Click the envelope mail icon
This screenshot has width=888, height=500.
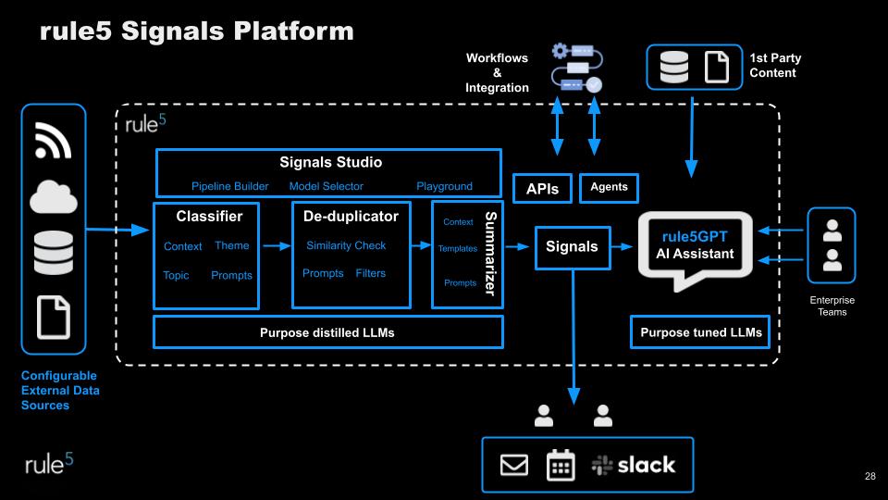(x=514, y=465)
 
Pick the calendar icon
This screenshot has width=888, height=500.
(x=561, y=465)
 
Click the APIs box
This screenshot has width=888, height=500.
(x=542, y=188)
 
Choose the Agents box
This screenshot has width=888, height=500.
(x=609, y=187)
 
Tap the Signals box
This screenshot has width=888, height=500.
(x=572, y=247)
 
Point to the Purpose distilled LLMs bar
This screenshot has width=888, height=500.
(x=327, y=332)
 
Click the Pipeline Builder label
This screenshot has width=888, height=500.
(x=230, y=186)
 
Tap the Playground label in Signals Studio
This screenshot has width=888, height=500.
(x=444, y=186)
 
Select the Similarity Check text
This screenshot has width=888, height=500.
(x=346, y=245)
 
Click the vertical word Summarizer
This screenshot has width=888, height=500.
(x=490, y=254)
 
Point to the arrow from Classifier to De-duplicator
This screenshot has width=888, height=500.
(x=276, y=246)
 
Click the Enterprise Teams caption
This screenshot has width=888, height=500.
(x=832, y=306)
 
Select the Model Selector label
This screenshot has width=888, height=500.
(x=327, y=186)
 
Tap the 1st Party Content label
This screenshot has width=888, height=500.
(x=775, y=65)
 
